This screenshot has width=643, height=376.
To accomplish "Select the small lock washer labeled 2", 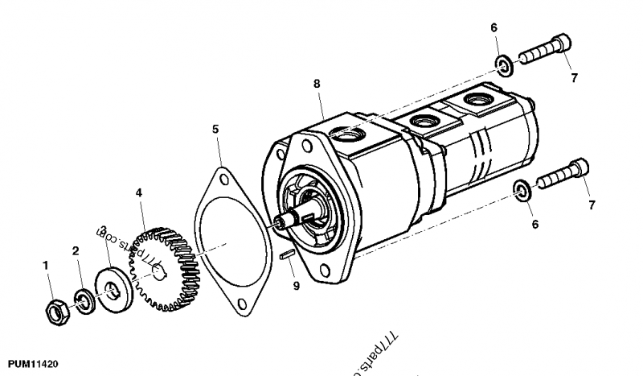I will [x=83, y=300].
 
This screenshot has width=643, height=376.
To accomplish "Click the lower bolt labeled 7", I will [x=560, y=176].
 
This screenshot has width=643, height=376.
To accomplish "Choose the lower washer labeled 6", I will [x=522, y=190].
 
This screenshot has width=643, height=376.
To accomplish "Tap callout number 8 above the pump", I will [x=317, y=83].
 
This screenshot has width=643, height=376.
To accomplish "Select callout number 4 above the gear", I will [x=139, y=193].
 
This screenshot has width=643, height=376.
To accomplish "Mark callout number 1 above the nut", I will [x=47, y=265].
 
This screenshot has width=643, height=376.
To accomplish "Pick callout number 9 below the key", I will [x=296, y=285].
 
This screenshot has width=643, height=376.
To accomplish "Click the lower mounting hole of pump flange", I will [x=324, y=271].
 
